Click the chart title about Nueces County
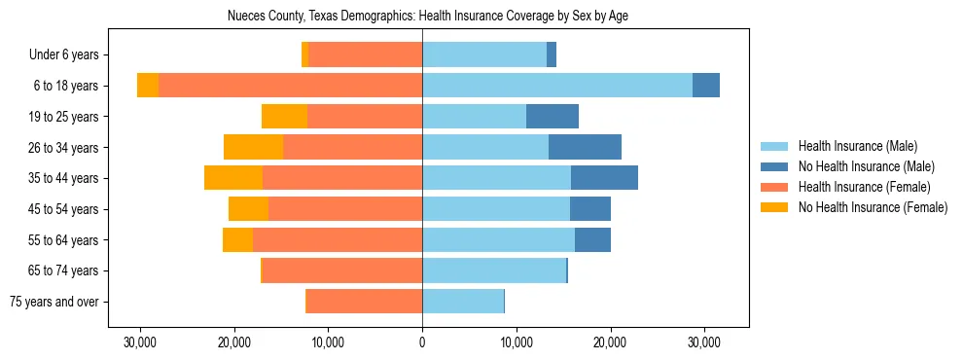pyautogui.click(x=422, y=17)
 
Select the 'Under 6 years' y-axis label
pyautogui.click(x=70, y=55)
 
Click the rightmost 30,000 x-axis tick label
pyautogui.click(x=703, y=343)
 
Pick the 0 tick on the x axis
pyautogui.click(x=422, y=343)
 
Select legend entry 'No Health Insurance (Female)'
pyautogui.click(x=873, y=207)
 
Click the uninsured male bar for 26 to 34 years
pyautogui.click(x=585, y=147)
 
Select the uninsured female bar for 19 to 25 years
pyautogui.click(x=284, y=117)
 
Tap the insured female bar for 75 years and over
pyautogui.click(x=364, y=302)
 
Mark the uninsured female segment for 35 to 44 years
pyautogui.click(x=233, y=178)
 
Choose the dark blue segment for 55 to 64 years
pyautogui.click(x=592, y=239)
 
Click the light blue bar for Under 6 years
pyautogui.click(x=484, y=55)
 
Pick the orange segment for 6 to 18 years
pyautogui.click(x=148, y=86)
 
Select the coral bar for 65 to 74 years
pyautogui.click(x=342, y=270)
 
